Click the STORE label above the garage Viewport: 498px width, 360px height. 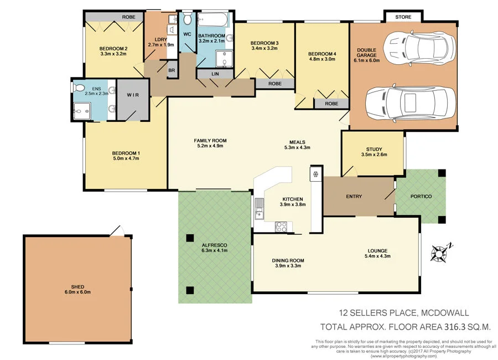403,17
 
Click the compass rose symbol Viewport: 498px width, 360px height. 440,252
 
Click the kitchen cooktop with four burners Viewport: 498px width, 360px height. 281,226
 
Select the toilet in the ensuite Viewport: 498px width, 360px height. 79,88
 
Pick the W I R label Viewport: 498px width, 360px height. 133,95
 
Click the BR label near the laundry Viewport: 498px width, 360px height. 172,70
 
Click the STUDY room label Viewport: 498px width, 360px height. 373,149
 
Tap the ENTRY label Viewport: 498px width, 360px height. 354,197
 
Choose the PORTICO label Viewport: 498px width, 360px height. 421,197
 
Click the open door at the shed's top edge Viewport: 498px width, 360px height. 116,230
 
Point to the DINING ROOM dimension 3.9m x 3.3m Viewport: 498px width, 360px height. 288,266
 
